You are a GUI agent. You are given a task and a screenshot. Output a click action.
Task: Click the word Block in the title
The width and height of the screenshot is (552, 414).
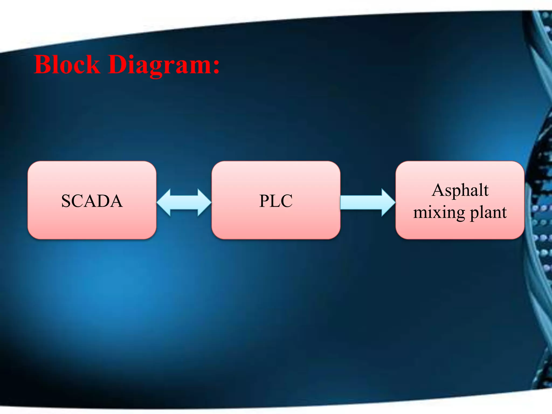[67, 65]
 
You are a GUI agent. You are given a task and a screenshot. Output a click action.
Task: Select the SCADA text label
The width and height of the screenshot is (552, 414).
[92, 201]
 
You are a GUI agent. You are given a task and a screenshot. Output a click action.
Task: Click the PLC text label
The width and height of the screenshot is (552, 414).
[276, 201]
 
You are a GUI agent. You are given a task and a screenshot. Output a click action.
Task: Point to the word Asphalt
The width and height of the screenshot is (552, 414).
[460, 190]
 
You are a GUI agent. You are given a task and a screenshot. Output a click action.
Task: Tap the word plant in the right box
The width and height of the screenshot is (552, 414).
[488, 212]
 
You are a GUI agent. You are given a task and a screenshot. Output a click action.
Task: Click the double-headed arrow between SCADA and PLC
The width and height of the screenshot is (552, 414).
[184, 202]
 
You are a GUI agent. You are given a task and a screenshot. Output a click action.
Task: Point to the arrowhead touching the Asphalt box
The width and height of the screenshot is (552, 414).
[388, 202]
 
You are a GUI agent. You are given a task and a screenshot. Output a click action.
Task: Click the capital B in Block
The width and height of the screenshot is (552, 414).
[43, 65]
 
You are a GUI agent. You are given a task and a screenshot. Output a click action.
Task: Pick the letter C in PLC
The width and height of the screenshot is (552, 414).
[287, 201]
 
